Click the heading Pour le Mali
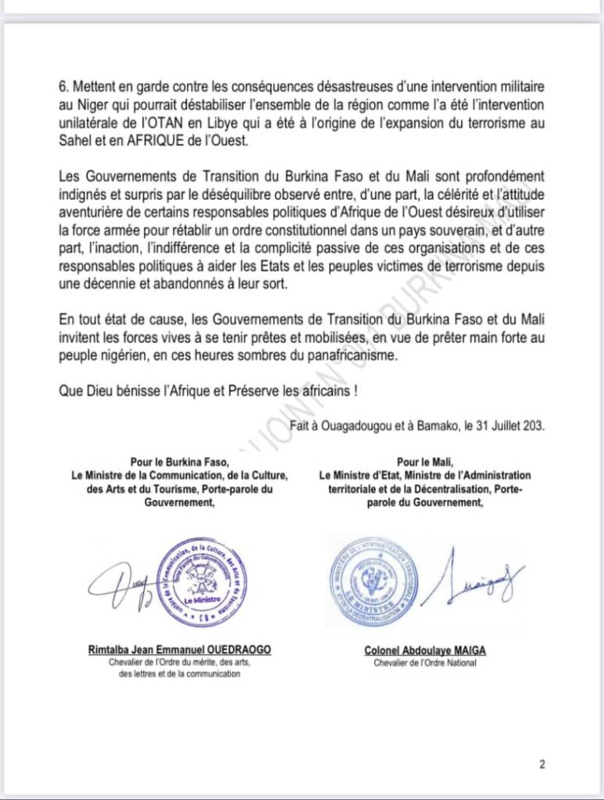(x=425, y=461)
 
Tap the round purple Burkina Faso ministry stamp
(x=202, y=581)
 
